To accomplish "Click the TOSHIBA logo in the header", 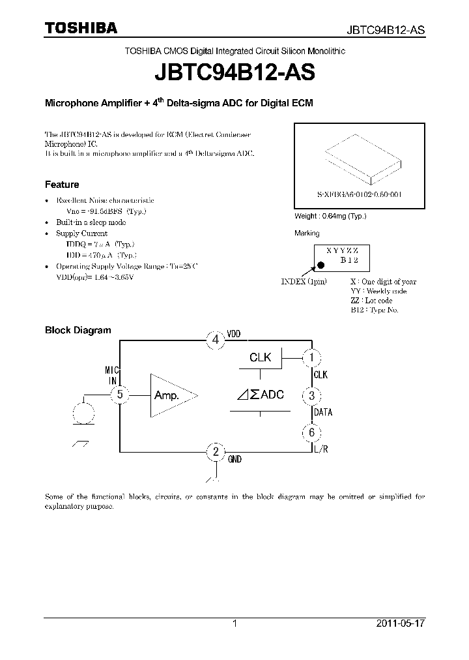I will (81, 28).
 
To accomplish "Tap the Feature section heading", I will (62, 185).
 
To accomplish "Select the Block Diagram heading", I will (78, 330).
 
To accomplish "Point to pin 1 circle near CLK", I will (311, 357).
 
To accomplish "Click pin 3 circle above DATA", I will (311, 395).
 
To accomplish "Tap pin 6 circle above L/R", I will (311, 432).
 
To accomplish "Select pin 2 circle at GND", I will (216, 451).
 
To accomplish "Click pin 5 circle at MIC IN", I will (120, 395).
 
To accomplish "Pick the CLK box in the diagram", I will (261, 357).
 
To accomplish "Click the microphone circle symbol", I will (83, 413).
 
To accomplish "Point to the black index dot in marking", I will (320, 265).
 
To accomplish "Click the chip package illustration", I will (360, 160).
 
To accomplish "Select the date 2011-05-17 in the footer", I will (401, 623).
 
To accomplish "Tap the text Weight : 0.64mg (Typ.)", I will (331, 216).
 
